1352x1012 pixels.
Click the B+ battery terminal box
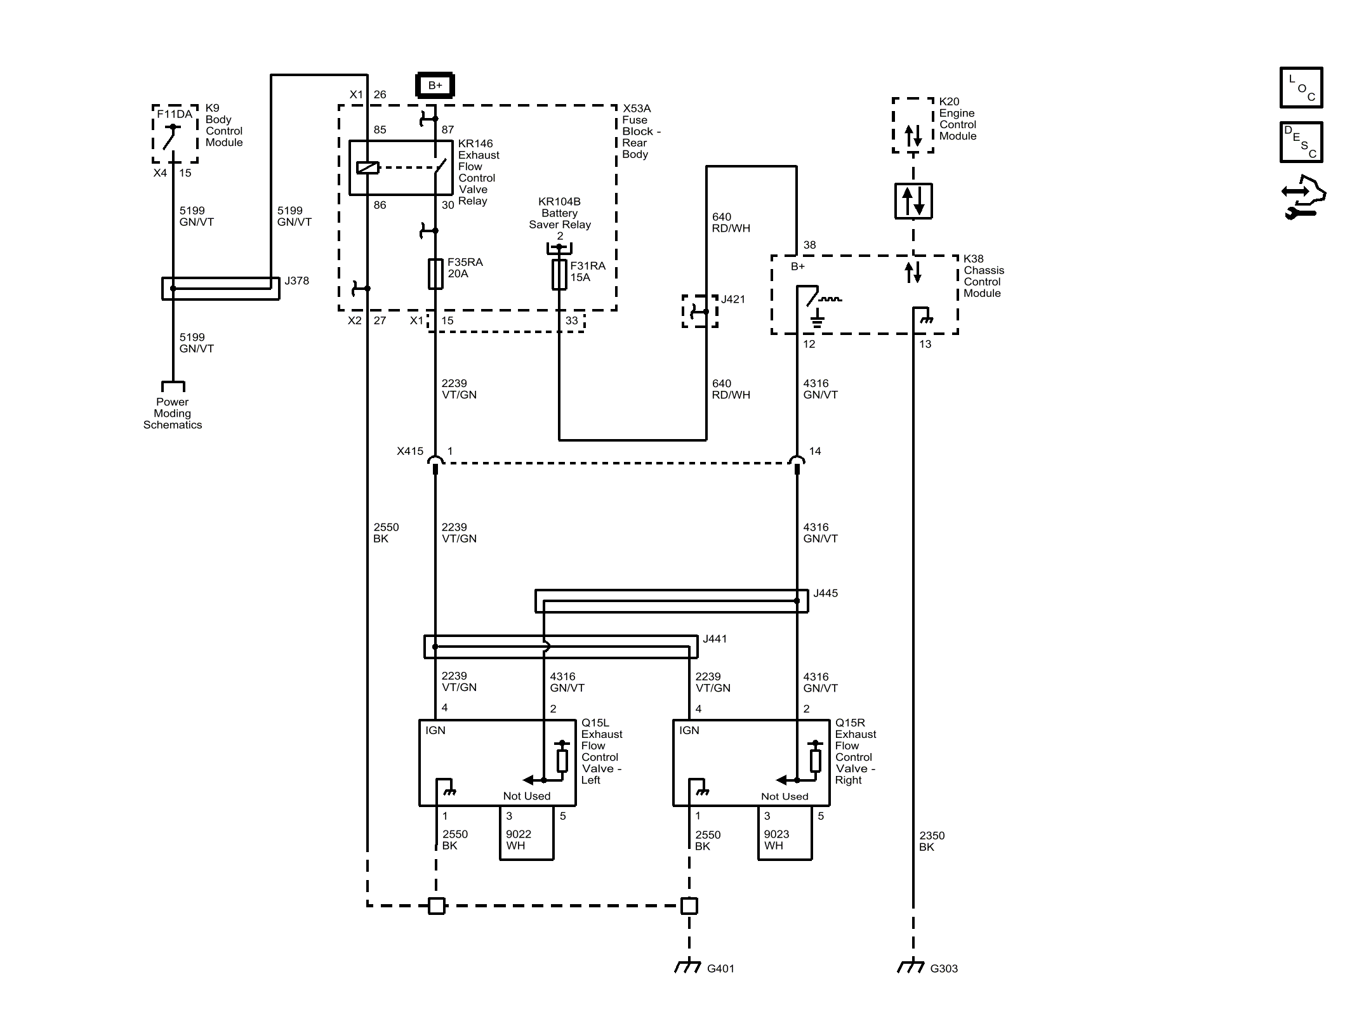[x=435, y=86]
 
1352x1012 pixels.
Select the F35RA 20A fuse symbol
[x=435, y=273]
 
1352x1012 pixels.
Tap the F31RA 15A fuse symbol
[x=559, y=274]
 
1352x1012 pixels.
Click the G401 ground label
[x=720, y=968]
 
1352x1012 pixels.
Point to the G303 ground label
[x=944, y=968]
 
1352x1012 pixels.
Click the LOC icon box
[x=1301, y=88]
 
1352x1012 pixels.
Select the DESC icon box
[x=1301, y=142]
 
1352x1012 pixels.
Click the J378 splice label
[x=296, y=280]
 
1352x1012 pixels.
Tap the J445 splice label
[x=825, y=593]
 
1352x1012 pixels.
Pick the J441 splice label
[x=715, y=639]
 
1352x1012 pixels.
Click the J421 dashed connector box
[x=700, y=311]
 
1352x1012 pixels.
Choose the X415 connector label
[x=410, y=451]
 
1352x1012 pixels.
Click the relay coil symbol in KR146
[x=368, y=168]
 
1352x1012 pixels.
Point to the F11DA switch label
[x=175, y=114]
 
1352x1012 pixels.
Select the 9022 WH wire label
[x=519, y=840]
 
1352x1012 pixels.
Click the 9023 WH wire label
[x=776, y=840]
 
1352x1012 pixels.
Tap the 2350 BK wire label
[x=932, y=841]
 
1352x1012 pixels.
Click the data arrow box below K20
[x=913, y=201]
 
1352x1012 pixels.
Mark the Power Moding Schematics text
[x=173, y=413]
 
